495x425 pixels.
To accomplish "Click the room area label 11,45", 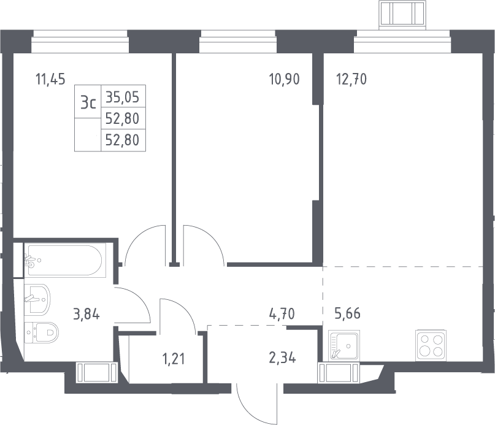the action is pos(50,79).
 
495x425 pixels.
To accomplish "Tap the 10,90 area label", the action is pos(284,79).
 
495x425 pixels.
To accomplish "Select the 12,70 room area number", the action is pos(351,79).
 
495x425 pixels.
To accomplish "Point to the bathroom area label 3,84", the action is pos(86,315).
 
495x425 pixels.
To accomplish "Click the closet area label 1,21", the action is pos(174,359).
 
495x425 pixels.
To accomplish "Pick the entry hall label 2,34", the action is pos(283,358).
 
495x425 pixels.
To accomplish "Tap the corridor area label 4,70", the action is pos(282,314).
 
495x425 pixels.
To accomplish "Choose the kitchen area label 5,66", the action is pos(347,313).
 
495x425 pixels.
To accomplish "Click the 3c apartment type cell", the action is pos(88,102).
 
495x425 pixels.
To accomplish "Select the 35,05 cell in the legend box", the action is pos(123,98).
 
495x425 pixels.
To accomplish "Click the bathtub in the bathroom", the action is pos(65,260).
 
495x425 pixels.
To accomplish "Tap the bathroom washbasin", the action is pos(37,299).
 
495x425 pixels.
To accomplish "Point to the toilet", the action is pos(42,332).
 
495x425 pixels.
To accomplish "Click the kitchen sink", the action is pos(343,345).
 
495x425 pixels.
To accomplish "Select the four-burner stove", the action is pos(431,345).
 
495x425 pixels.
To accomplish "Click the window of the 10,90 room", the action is pos(238,41).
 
